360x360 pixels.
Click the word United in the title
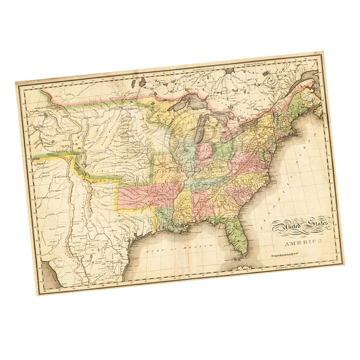[287, 227]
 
